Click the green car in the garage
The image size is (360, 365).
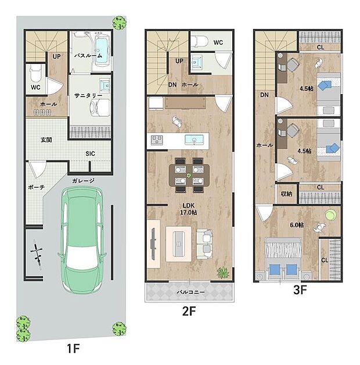click(82, 240)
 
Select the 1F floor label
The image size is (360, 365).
click(73, 349)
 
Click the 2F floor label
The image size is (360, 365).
click(189, 311)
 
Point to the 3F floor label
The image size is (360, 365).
click(300, 290)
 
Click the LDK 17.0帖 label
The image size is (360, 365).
click(189, 209)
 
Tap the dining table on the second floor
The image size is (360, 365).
click(189, 176)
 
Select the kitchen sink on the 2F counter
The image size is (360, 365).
click(194, 139)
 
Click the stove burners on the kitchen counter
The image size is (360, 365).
click(157, 139)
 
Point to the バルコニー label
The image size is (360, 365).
click(190, 292)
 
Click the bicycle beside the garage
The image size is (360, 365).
click(37, 255)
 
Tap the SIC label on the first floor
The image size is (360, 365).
click(90, 153)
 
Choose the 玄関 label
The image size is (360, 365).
click(46, 140)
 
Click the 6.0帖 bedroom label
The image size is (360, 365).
click(297, 225)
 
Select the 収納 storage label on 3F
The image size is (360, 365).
click(286, 194)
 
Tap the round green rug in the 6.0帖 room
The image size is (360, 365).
click(330, 215)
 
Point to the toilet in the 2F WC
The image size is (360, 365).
click(199, 41)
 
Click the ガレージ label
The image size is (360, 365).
click(83, 181)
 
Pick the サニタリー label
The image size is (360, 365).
click(88, 95)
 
